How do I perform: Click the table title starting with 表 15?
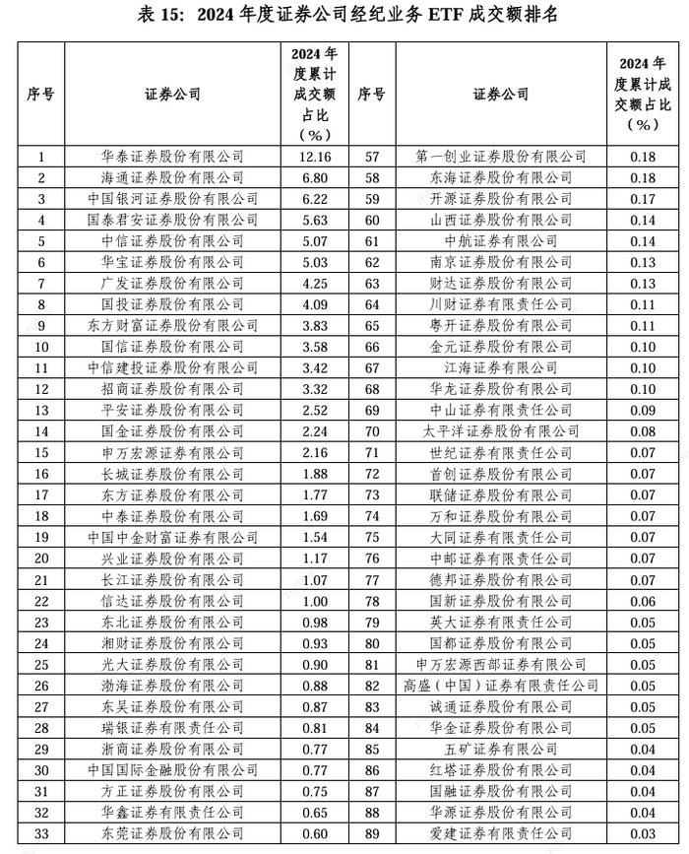pyautogui.click(x=344, y=14)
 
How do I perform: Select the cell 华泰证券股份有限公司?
pyautogui.click(x=172, y=156)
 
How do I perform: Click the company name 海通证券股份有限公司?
pyautogui.click(x=172, y=177)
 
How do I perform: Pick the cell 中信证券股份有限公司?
pyautogui.click(x=172, y=240)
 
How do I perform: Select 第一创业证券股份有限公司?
pyautogui.click(x=501, y=156)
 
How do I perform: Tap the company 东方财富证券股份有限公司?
pyautogui.click(x=172, y=325)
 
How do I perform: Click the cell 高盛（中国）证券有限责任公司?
pyautogui.click(x=501, y=686)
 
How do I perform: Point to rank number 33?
pyautogui.click(x=40, y=834)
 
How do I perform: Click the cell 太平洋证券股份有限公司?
pyautogui.click(x=501, y=431)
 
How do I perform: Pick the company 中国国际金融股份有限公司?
pyautogui.click(x=172, y=770)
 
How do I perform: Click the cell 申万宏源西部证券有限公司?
pyautogui.click(x=501, y=665)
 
